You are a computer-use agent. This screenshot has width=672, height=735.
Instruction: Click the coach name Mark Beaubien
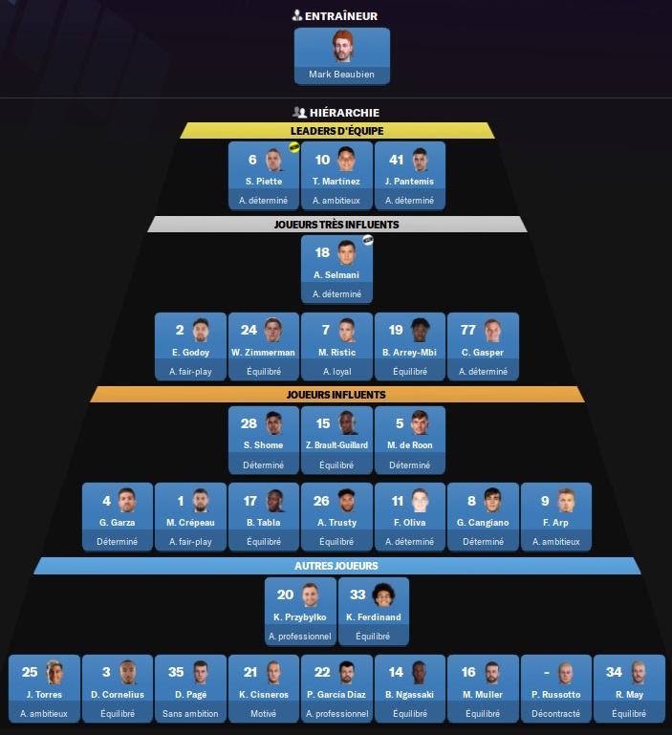point(341,74)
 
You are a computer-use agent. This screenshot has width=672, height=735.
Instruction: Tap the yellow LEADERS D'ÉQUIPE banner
point(337,131)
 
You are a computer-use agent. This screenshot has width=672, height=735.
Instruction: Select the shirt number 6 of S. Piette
point(252,160)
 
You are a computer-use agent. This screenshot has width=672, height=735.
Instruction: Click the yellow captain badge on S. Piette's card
point(294,147)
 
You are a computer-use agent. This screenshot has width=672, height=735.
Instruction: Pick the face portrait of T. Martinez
point(346,159)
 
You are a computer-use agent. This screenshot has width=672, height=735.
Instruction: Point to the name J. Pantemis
point(409,182)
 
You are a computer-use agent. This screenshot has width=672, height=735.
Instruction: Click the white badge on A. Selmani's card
point(368,240)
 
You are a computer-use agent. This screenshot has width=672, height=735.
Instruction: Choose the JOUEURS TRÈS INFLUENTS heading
point(336,225)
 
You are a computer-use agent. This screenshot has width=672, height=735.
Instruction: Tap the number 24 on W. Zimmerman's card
point(249,330)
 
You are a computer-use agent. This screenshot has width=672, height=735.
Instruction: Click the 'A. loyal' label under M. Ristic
point(337,372)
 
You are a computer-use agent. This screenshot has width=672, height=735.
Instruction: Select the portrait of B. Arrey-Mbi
point(421,330)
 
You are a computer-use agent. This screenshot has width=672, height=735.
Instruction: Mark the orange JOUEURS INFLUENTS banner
point(337,395)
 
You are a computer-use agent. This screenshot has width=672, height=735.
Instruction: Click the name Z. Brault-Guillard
point(336,445)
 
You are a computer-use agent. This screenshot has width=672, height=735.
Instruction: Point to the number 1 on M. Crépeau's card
point(180,501)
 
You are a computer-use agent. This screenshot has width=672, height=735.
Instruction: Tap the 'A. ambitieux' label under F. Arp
point(556,542)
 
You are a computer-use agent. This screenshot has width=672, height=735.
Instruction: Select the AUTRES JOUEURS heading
point(336,566)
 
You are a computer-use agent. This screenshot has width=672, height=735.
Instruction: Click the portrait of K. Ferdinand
point(383,594)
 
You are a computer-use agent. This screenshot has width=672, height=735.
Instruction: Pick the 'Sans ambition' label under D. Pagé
point(190,714)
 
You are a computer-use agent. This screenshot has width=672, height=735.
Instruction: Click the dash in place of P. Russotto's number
point(547,673)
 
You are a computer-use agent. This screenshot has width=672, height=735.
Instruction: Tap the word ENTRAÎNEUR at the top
point(341,16)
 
